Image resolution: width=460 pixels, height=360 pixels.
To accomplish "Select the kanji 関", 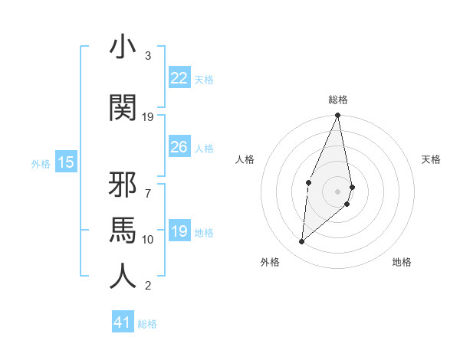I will click(123, 109).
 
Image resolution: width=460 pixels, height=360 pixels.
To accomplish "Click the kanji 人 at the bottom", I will click(123, 277).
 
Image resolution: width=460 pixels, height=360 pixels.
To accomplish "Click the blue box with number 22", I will click(179, 78).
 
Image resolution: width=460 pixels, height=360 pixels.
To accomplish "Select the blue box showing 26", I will click(179, 147).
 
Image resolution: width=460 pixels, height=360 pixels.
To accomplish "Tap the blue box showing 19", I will click(179, 231).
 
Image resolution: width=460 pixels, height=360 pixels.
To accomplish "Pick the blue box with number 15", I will click(66, 162).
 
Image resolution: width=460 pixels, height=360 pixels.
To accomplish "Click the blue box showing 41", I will click(123, 322).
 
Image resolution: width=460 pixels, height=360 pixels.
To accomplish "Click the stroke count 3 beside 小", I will click(148, 56).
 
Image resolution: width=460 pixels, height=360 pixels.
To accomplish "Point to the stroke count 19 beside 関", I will click(148, 117).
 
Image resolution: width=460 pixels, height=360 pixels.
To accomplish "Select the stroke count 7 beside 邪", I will click(148, 185).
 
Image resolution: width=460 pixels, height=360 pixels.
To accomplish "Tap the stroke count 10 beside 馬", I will click(148, 240).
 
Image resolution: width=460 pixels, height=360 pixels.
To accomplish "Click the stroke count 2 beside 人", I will click(148, 286).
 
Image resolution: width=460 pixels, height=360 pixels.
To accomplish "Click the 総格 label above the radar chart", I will click(338, 100).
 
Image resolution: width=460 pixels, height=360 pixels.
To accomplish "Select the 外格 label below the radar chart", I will click(269, 262).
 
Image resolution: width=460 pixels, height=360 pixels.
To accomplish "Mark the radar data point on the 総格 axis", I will click(338, 116).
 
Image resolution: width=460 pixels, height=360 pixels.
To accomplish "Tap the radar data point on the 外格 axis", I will click(302, 242).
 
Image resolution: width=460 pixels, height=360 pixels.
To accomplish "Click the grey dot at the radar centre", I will click(338, 190).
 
